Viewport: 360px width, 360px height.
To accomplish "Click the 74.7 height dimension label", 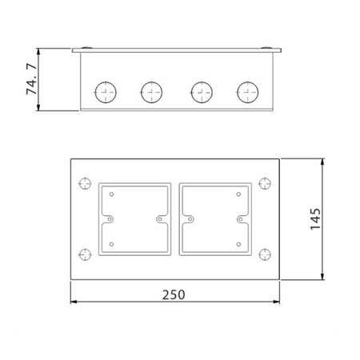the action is (x=31, y=79).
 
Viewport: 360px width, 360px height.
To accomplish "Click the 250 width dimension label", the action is (x=174, y=294).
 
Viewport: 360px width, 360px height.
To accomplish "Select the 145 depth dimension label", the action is (x=315, y=219).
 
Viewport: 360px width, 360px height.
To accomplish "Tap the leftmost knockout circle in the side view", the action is (x=106, y=92).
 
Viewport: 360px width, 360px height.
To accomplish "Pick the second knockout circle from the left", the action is (x=151, y=92).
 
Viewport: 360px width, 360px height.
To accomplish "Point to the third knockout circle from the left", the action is (x=202, y=92).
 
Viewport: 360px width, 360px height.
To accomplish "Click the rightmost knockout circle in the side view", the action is (x=248, y=92).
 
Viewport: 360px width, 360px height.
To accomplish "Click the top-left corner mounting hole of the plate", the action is (x=85, y=183).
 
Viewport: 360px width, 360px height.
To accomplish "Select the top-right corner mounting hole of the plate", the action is (x=265, y=183).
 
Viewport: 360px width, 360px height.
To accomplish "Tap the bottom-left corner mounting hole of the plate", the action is (x=85, y=254).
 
